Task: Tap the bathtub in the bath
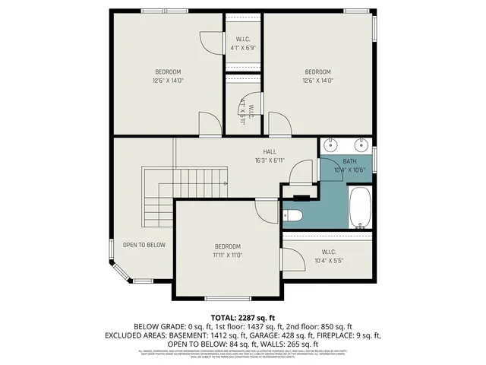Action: pos(359,208)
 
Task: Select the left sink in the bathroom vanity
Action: pos(332,145)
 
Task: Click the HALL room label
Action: pos(270,152)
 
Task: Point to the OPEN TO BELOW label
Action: pos(144,245)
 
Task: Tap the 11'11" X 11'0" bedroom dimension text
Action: pos(227,255)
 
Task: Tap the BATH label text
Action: pos(349,161)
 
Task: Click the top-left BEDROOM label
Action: pos(169,71)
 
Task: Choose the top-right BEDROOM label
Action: pos(318,71)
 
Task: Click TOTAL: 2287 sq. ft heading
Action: pos(242,317)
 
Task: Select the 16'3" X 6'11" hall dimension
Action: pos(270,160)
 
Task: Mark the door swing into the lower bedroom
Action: pos(266,211)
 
